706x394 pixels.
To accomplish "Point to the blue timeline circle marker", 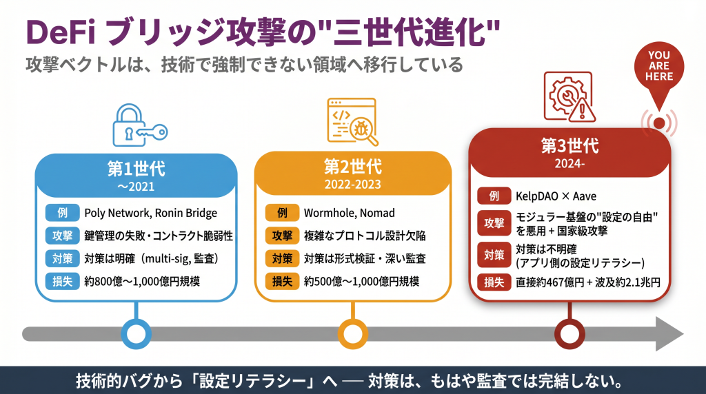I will (137, 334).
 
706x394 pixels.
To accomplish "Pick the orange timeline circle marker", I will (352, 334).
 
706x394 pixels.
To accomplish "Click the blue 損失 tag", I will (60, 281).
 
